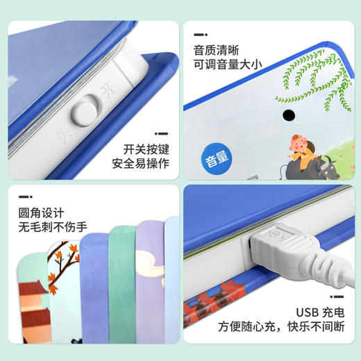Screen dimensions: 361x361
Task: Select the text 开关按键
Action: point(146,149)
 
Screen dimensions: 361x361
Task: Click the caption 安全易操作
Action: point(141,165)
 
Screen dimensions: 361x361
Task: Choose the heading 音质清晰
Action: point(216,50)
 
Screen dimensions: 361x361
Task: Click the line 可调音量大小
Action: point(227,66)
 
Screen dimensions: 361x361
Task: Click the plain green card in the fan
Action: point(122,292)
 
